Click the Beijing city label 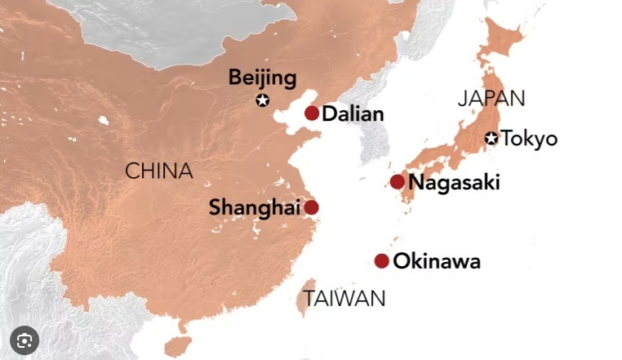coord(262,78)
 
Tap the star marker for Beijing coord(262,100)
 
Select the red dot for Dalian coord(312,113)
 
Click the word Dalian coord(353,113)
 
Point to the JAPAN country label coord(491,99)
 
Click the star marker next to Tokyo coord(491,138)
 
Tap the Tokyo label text coord(529,139)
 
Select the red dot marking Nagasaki coord(397,182)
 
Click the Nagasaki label coord(454,182)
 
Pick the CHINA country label coord(158,171)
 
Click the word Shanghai coord(255,207)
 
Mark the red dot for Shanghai coord(311,207)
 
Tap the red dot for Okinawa coord(381,261)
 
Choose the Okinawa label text coord(436,261)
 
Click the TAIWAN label coord(344,299)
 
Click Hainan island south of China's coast coord(177,345)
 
